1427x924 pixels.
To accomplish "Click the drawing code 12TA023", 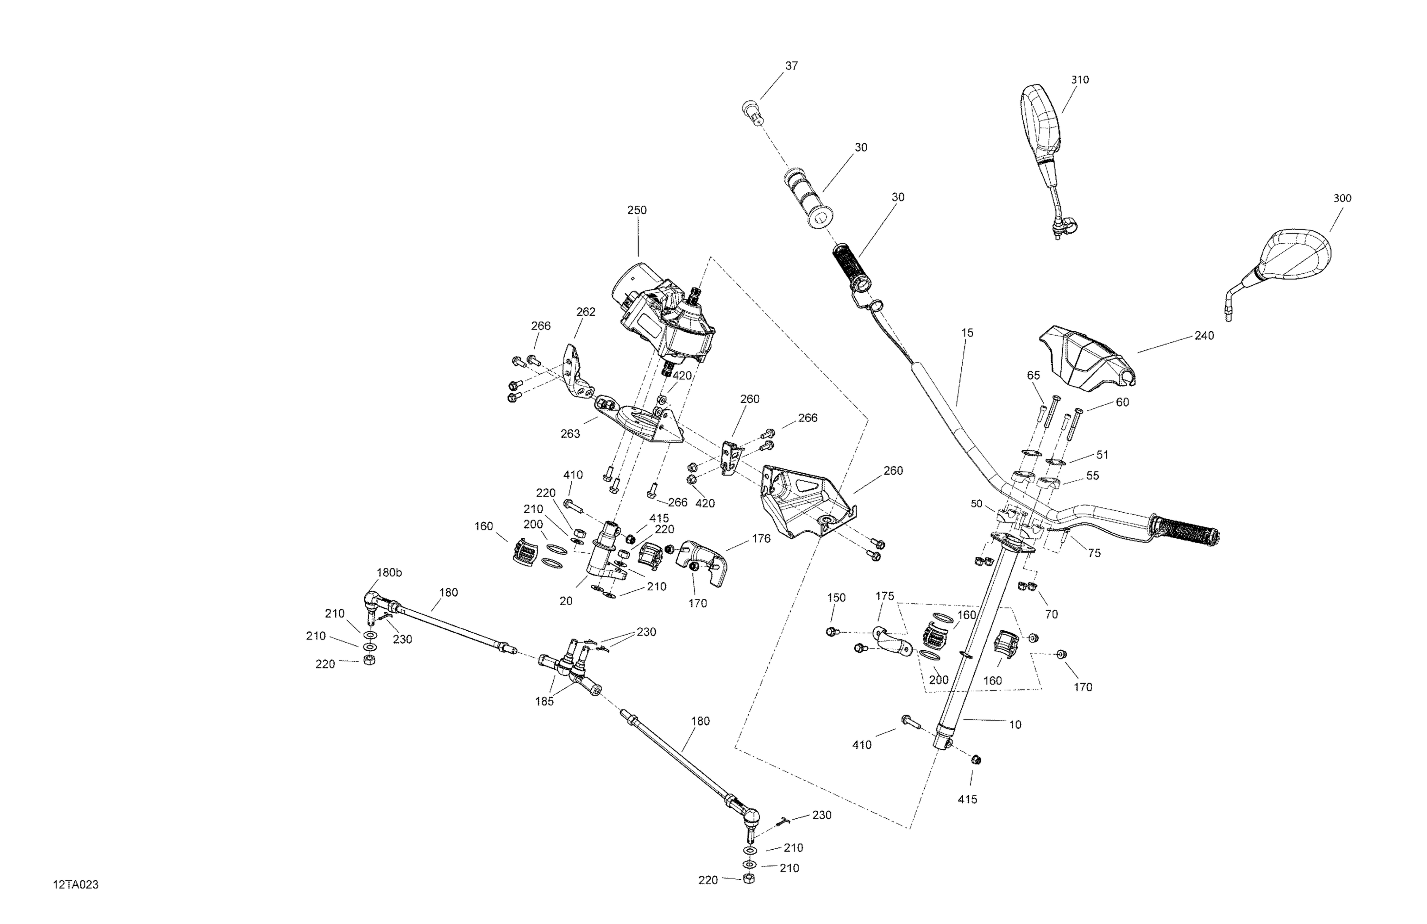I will click(76, 885).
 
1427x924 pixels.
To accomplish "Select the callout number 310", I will click(1080, 80).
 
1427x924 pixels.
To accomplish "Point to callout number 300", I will click(1342, 199).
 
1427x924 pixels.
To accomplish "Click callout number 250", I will click(637, 210).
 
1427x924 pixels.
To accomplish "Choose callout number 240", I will click(1204, 336).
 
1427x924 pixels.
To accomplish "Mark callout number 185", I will click(545, 701).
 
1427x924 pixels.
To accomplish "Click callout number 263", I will click(570, 434).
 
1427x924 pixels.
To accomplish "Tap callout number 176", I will click(761, 539).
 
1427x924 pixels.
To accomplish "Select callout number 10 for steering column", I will click(1015, 725).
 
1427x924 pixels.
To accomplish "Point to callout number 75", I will click(1094, 553).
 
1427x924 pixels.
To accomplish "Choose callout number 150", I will click(836, 597).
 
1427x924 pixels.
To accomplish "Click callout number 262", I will click(586, 312).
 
